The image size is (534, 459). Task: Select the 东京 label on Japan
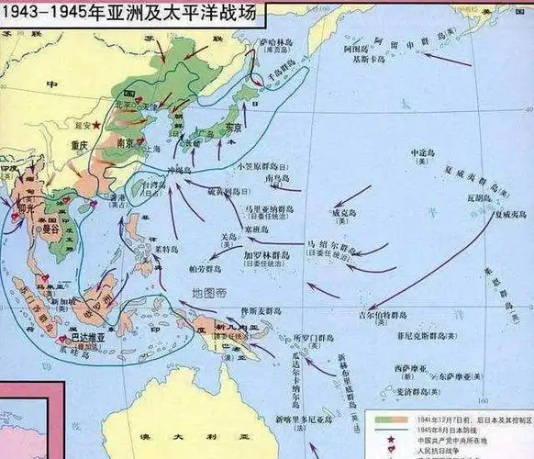click(235, 129)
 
